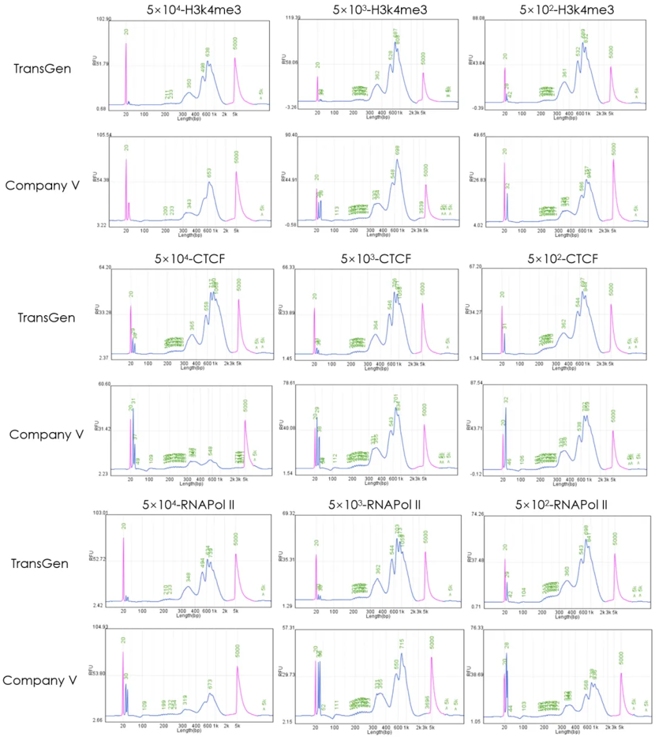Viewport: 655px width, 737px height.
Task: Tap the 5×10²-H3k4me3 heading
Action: [552, 9]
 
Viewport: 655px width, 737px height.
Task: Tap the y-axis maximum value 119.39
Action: [292, 17]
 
